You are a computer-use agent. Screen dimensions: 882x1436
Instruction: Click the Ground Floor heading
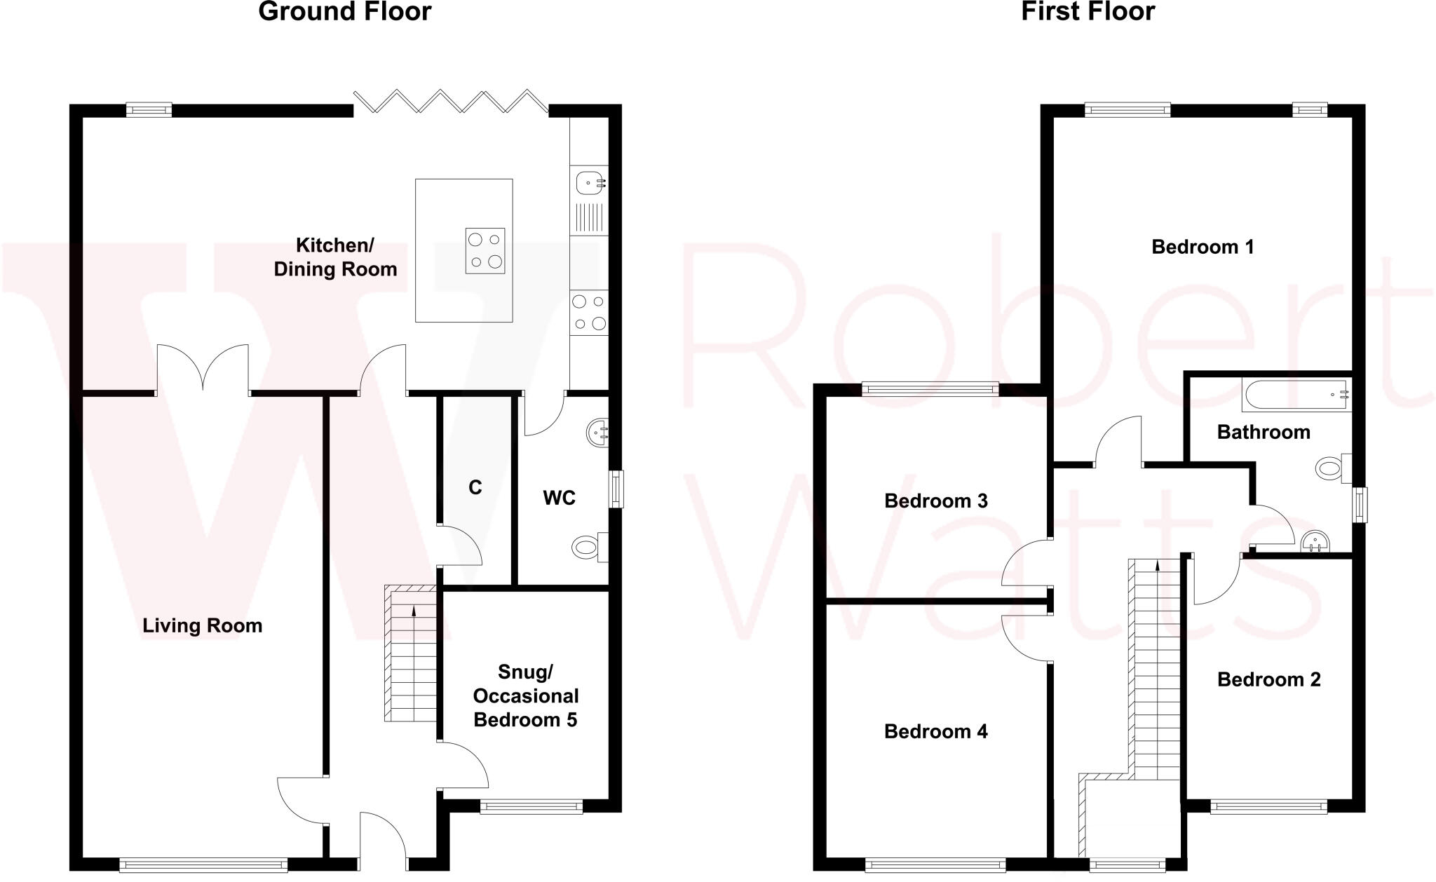click(344, 12)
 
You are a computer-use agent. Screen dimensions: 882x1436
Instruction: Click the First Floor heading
click(1088, 12)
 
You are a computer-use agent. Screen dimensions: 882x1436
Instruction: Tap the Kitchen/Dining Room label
click(335, 257)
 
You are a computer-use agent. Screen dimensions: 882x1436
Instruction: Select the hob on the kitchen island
click(485, 250)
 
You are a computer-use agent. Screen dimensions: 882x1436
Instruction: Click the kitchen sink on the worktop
click(589, 183)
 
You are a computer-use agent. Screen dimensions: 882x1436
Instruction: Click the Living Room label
click(202, 625)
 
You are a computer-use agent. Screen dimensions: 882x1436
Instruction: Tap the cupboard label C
click(475, 487)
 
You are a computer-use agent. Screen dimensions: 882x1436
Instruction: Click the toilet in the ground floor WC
click(588, 546)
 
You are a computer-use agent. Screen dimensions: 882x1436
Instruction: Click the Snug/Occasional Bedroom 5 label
click(525, 696)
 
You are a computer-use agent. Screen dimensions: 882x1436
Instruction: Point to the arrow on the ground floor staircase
click(414, 612)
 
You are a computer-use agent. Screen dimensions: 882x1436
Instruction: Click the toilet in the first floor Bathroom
click(1332, 468)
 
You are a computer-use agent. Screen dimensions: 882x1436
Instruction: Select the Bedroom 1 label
click(1203, 247)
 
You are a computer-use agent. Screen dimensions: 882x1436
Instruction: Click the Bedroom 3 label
click(935, 501)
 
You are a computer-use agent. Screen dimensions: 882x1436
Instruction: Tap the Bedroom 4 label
click(935, 731)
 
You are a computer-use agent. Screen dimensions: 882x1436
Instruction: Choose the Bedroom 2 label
click(1268, 679)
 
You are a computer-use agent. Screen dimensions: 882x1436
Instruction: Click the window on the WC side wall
click(616, 489)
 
